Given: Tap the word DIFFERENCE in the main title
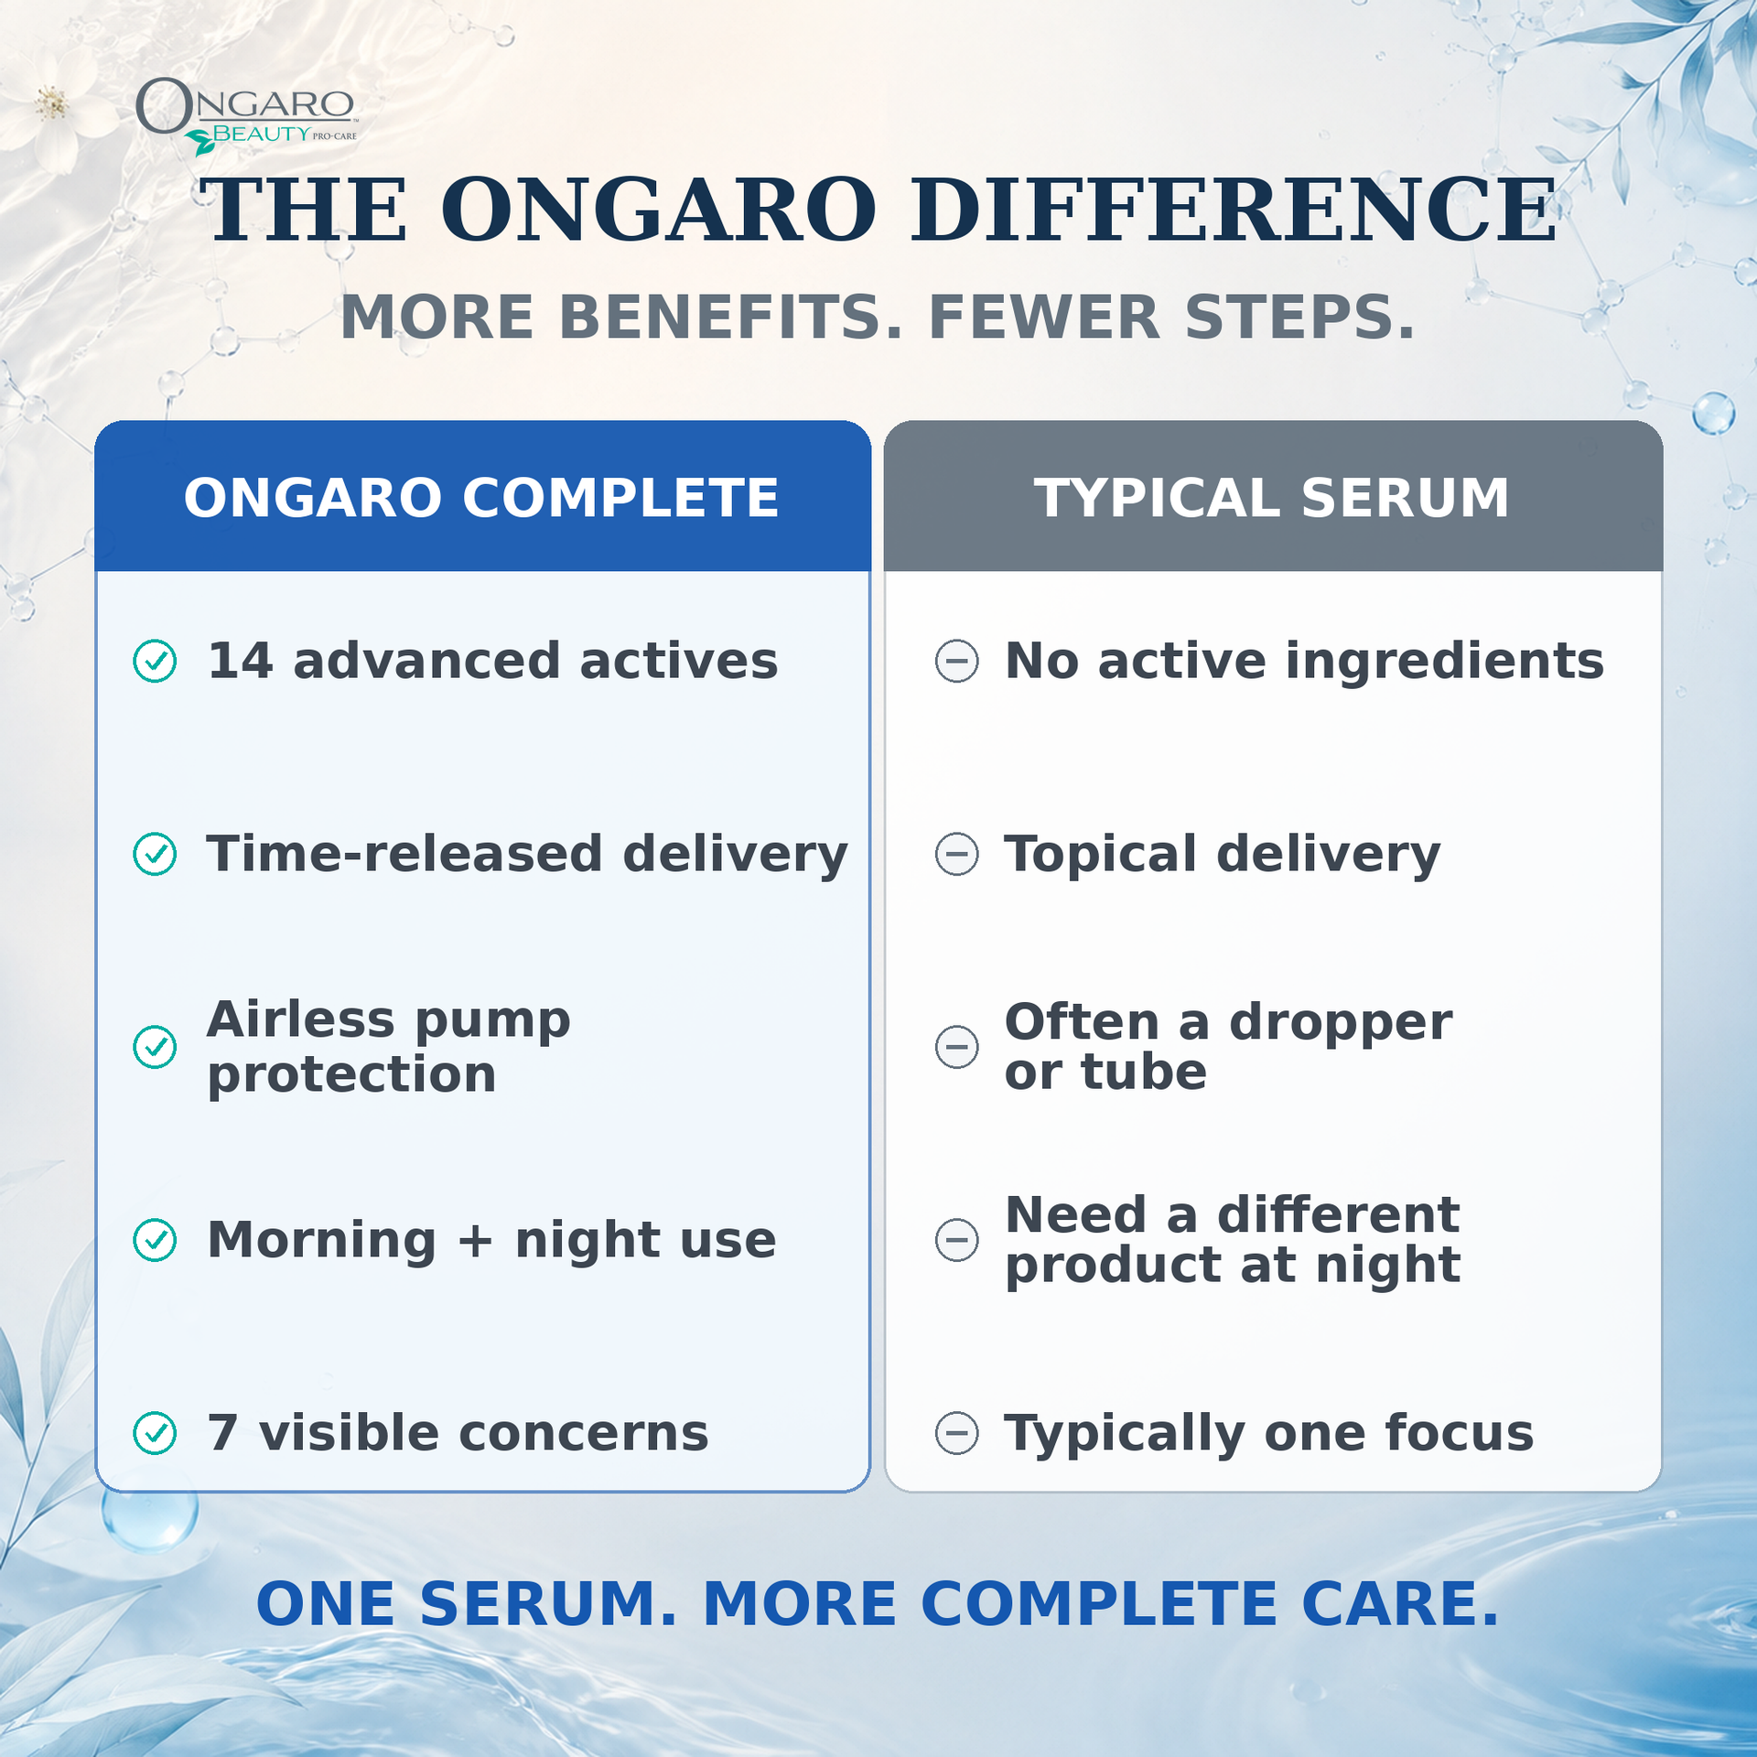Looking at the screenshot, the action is (x=1234, y=210).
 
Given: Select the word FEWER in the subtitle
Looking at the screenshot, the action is (x=1044, y=318).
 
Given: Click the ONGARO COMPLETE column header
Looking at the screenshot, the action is (x=481, y=498).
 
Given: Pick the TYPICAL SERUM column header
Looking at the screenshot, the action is (x=1272, y=498).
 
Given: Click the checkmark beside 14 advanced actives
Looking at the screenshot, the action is (x=156, y=661).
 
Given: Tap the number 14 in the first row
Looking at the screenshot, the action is (x=241, y=661).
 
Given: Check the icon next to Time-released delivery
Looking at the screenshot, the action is (x=156, y=854).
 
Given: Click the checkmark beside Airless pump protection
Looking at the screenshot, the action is (x=156, y=1047).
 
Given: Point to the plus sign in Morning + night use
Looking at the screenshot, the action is (x=476, y=1242).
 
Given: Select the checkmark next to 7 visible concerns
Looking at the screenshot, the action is (x=156, y=1433).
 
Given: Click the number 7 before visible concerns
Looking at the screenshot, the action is (x=223, y=1433).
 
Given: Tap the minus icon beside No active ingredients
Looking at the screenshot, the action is (x=957, y=661).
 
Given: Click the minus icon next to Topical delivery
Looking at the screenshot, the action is (x=957, y=854).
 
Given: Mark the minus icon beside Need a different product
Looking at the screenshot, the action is (x=957, y=1240).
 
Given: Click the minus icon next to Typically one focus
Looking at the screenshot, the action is (x=957, y=1433).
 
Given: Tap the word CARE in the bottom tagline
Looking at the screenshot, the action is (x=1401, y=1604).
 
